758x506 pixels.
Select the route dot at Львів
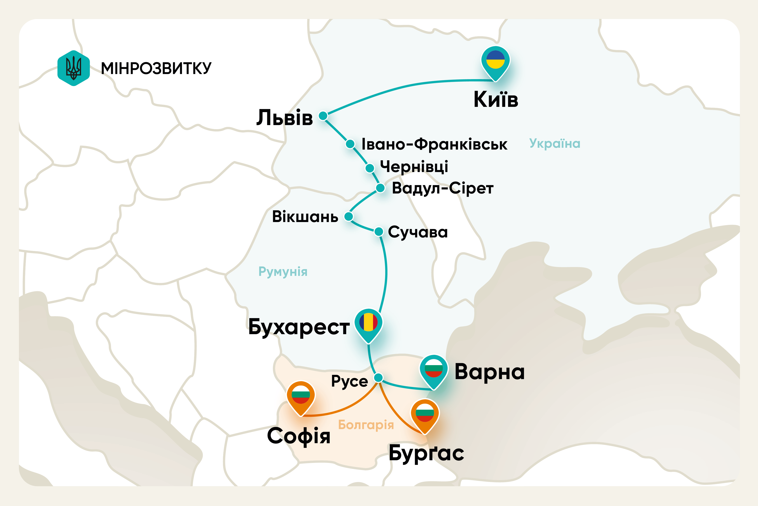tap(323, 116)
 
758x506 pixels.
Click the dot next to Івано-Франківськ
tap(350, 144)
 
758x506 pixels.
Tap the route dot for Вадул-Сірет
tap(380, 188)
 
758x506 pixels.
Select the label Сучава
tap(418, 232)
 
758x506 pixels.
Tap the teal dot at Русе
tap(378, 377)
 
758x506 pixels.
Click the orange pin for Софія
tap(301, 396)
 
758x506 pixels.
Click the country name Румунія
tap(283, 272)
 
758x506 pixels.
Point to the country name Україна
tap(555, 144)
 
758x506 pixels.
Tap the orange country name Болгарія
tap(366, 425)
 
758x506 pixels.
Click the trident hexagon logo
tap(74, 68)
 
